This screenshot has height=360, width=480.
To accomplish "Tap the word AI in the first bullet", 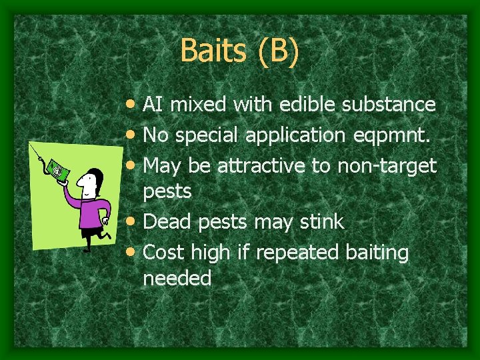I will [x=153, y=105].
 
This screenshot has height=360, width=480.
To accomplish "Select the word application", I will [x=293, y=135].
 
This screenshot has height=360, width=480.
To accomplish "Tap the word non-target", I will [x=387, y=165].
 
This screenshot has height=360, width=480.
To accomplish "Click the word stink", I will [x=323, y=222].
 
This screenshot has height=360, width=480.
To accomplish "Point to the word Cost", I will [x=164, y=253].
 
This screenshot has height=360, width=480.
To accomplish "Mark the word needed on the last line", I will [x=177, y=278].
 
